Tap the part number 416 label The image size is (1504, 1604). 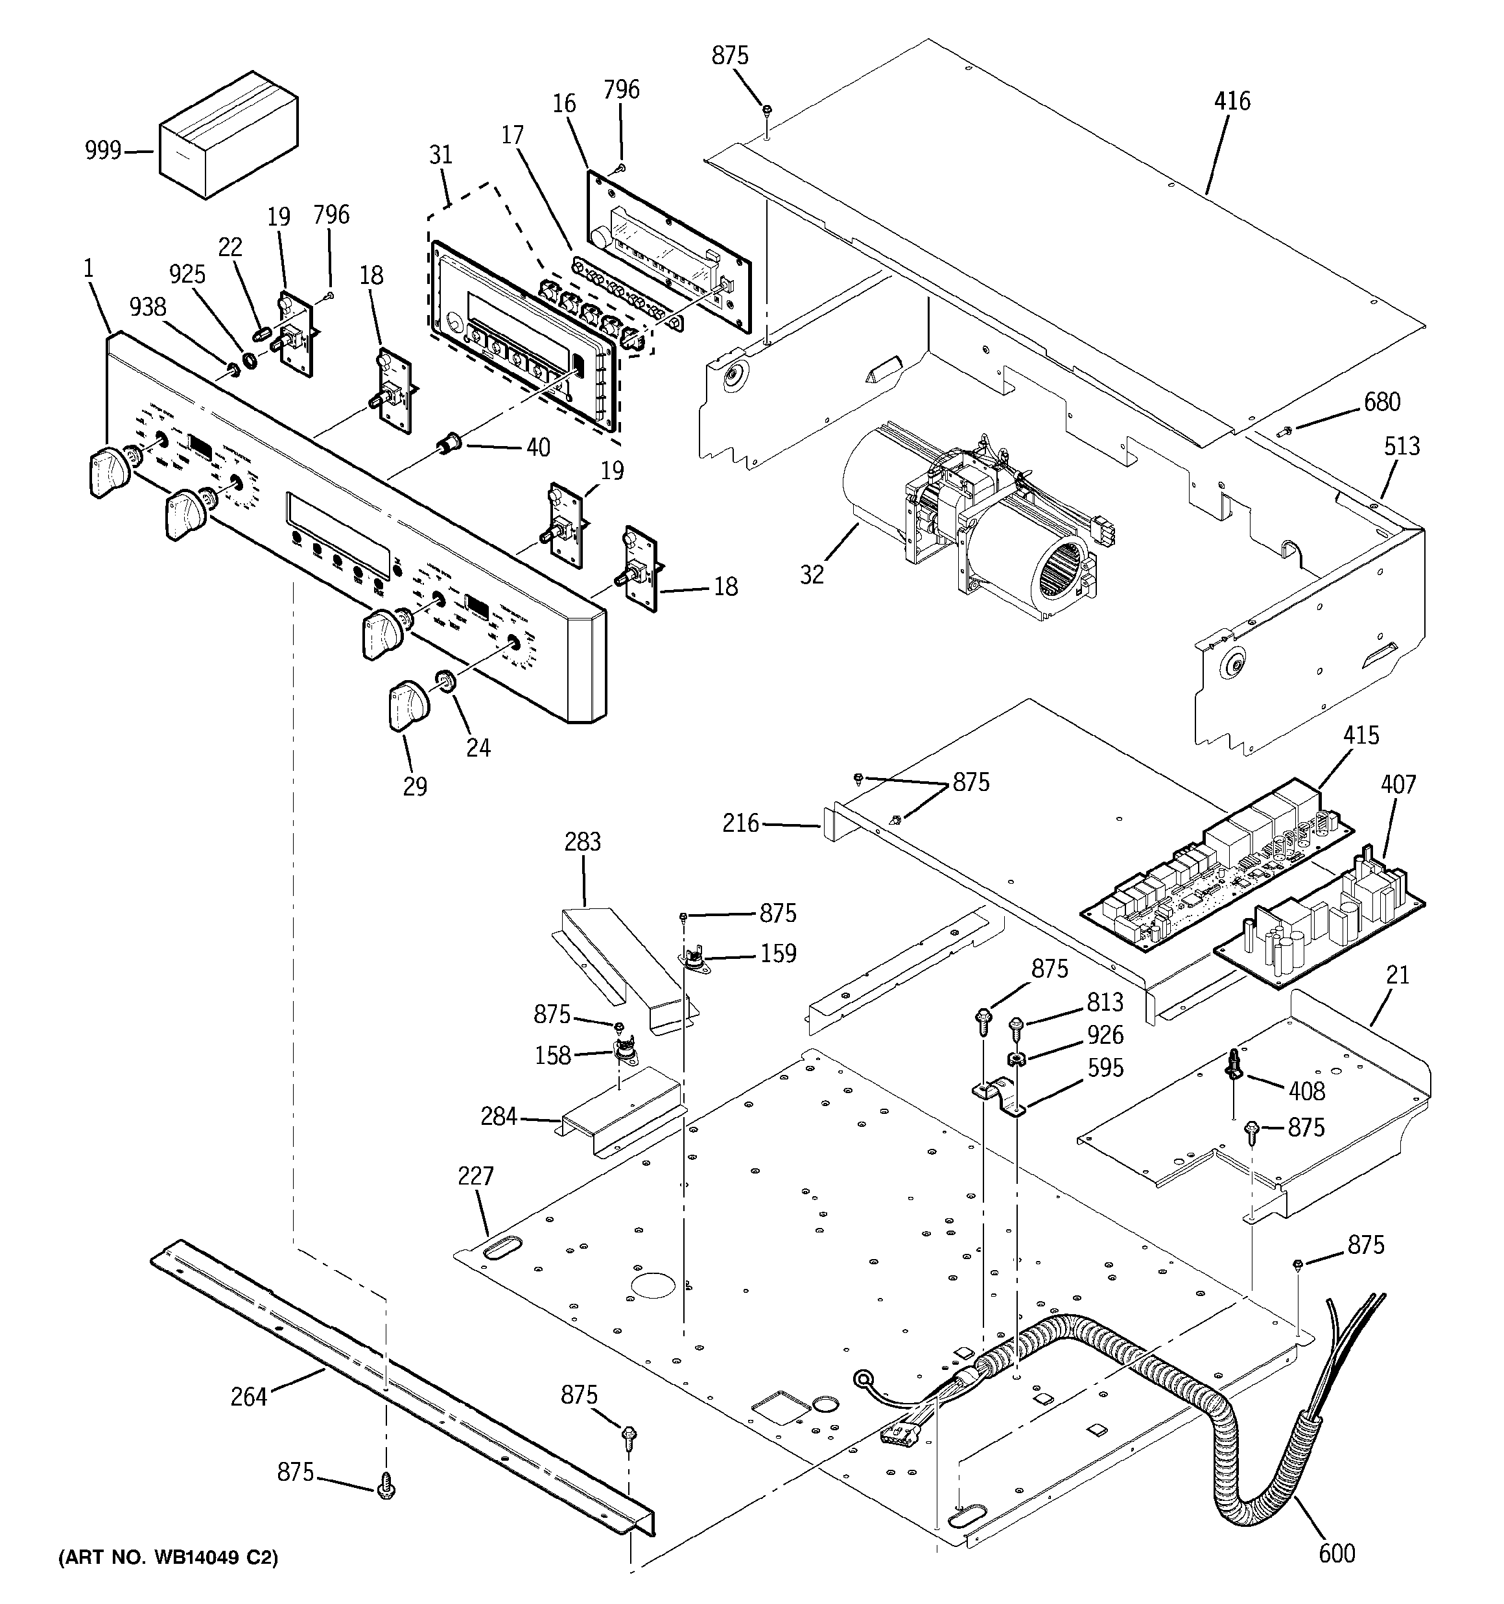(1232, 102)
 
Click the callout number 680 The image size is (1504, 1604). (1382, 402)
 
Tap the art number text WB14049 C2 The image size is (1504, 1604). (167, 1558)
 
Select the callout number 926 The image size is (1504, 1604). (1105, 1035)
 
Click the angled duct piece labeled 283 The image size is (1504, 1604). (621, 964)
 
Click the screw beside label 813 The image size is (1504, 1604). (1016, 1028)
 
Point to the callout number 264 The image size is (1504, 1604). (248, 1396)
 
